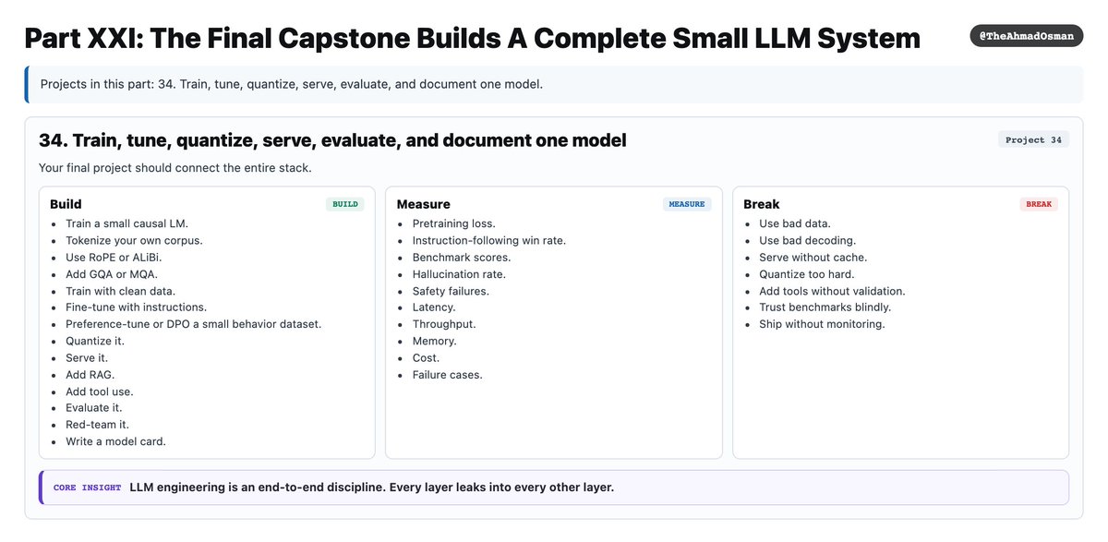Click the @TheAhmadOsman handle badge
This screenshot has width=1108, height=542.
(1027, 36)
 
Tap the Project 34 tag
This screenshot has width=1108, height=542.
(1033, 140)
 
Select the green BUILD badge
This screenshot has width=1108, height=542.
(345, 204)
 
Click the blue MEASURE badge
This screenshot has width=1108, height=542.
(687, 204)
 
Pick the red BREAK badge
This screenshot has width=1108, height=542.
(1039, 204)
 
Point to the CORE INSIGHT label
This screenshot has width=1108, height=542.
(87, 488)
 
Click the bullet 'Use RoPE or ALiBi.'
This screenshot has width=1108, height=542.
(114, 258)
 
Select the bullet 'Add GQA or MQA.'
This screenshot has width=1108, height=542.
(112, 274)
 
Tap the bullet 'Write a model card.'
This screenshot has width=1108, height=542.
(115, 441)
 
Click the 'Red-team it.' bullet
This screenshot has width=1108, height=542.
(98, 425)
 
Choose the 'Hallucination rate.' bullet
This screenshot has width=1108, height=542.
(459, 274)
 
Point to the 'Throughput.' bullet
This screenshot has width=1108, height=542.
(444, 324)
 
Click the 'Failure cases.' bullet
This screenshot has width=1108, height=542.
(447, 375)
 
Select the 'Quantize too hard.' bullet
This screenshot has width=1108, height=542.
(807, 274)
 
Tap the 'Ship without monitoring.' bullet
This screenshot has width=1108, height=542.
(822, 324)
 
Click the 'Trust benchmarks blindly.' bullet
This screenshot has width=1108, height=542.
(825, 307)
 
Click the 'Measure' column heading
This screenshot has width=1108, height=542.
(424, 204)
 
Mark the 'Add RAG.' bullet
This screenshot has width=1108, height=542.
(90, 375)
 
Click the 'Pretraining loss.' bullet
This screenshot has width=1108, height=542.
(454, 223)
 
